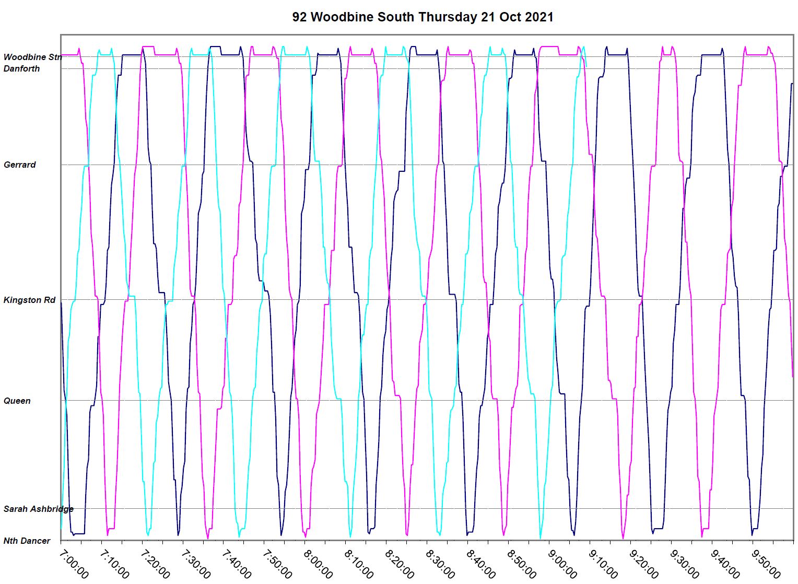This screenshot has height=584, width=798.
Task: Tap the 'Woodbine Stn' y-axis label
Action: pos(32,57)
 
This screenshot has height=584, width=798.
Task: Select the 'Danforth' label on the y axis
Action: pos(21,68)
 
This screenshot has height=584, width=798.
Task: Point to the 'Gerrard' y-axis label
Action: pos(20,165)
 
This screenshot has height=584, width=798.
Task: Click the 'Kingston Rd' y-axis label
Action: pos(29,300)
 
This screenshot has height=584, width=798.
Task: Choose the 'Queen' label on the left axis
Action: pos(17,401)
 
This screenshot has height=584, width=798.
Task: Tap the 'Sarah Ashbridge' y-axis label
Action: pos(38,509)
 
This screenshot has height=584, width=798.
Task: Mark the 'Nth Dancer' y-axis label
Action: pos(27,541)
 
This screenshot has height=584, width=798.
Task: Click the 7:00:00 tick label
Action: pos(74,564)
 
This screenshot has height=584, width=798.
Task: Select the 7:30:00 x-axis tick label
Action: pos(196,564)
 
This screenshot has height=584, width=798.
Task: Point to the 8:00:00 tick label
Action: pos(318,564)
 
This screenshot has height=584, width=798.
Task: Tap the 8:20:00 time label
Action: pos(400,564)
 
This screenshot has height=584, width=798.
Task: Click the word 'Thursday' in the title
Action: pos(448,17)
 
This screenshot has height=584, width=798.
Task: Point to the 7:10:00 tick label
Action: pos(114,564)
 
